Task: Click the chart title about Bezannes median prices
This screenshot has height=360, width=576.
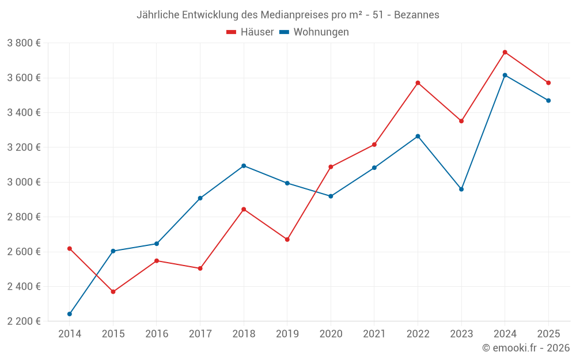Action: coord(287,14)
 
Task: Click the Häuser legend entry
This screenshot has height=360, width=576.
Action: coord(250,32)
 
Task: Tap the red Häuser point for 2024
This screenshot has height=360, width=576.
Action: coord(505,52)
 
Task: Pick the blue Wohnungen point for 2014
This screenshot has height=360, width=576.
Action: coord(70,314)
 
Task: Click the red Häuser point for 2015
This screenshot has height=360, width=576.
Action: coord(113,292)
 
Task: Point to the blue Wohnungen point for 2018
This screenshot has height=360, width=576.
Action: coord(244,166)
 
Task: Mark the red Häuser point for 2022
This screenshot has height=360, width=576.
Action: coord(418,83)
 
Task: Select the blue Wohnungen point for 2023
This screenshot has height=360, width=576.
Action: coord(461,189)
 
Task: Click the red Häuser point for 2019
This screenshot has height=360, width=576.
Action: coord(287,240)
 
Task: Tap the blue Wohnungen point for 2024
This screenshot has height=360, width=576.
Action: coord(505,75)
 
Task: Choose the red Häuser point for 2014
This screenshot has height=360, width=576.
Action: coord(70,249)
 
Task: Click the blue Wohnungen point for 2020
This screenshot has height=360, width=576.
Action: coord(331,196)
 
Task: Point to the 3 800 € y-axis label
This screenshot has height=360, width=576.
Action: coord(24,43)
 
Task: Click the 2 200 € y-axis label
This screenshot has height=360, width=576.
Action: coord(24,321)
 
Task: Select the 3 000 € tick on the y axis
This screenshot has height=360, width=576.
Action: coord(24,182)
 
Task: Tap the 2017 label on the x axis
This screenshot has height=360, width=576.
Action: coord(200,334)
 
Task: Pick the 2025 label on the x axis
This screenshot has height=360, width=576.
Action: coord(548,334)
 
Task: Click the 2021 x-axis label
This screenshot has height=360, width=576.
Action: coord(374,334)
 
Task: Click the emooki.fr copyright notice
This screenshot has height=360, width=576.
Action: coord(525,348)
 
